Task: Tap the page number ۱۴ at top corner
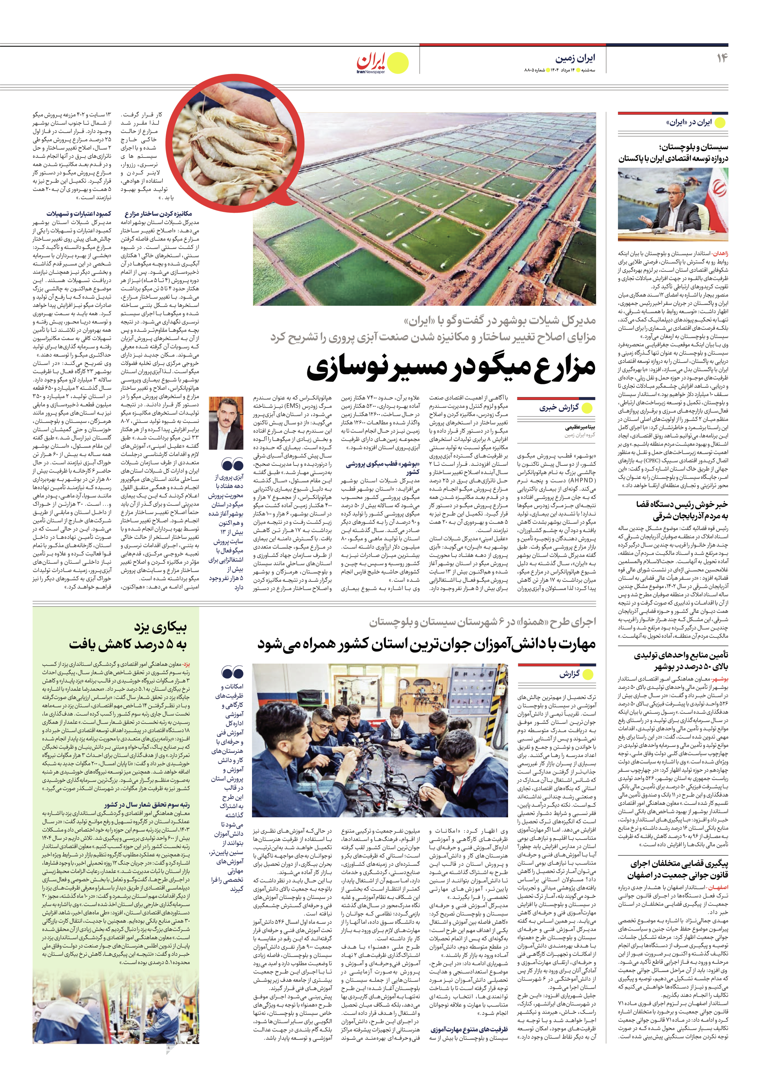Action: [721, 58]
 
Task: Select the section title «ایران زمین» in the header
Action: [575, 58]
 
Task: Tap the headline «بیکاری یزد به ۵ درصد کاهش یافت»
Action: [128, 636]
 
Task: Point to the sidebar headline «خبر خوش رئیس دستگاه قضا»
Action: [682, 505]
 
